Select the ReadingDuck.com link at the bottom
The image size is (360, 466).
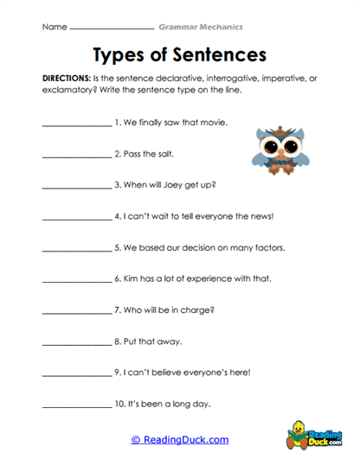pyautogui.click(x=180, y=439)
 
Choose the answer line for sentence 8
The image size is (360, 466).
pyautogui.click(x=76, y=343)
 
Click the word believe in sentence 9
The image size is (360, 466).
pyautogui.click(x=167, y=372)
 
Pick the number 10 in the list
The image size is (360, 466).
pyautogui.click(x=119, y=404)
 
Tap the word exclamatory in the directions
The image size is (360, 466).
pyautogui.click(x=67, y=89)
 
